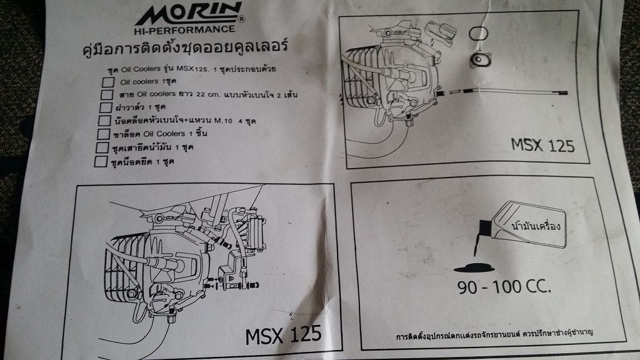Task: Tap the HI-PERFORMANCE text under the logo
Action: pos(185,29)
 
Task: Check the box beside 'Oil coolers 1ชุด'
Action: pos(107,82)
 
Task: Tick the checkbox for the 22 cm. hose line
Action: pos(106,94)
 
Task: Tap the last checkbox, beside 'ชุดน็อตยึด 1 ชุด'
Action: pos(100,162)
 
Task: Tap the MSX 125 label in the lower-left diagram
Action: pos(282,332)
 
